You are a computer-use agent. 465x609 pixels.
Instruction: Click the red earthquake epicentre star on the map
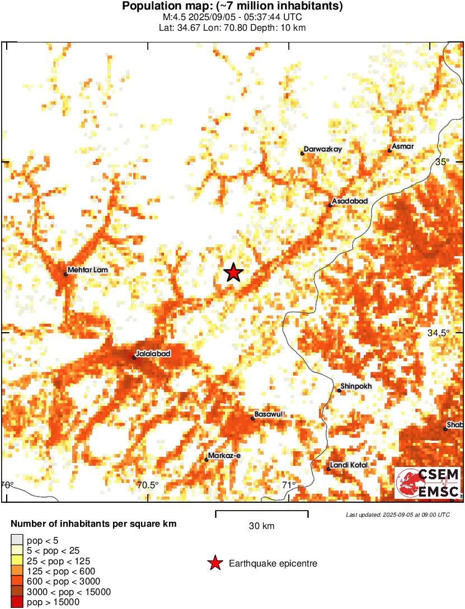pyautogui.click(x=233, y=272)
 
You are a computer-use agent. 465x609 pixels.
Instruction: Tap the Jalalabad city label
pyautogui.click(x=153, y=354)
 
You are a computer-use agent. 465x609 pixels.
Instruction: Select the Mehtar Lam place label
pyautogui.click(x=87, y=270)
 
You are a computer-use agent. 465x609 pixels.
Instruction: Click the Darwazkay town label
pyautogui.click(x=322, y=150)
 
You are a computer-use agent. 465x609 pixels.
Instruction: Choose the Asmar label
pyautogui.click(x=402, y=147)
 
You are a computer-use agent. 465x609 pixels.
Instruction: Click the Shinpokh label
pyautogui.click(x=356, y=386)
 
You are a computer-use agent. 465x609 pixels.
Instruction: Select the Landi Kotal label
pyautogui.click(x=349, y=465)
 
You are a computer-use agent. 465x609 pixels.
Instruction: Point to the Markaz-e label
pyautogui.click(x=224, y=456)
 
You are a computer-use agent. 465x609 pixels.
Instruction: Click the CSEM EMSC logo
pyautogui.click(x=427, y=483)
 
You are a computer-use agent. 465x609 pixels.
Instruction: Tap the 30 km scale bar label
pyautogui.click(x=261, y=526)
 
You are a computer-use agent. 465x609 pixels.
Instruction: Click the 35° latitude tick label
pyautogui.click(x=443, y=162)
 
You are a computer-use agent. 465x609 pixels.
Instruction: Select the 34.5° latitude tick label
pyautogui.click(x=439, y=333)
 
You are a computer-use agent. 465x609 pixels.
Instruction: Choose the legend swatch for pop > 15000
pyautogui.click(x=17, y=602)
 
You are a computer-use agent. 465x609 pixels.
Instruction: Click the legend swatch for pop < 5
pyautogui.click(x=17, y=540)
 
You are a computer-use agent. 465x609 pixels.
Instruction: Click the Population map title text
pyautogui.click(x=232, y=7)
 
